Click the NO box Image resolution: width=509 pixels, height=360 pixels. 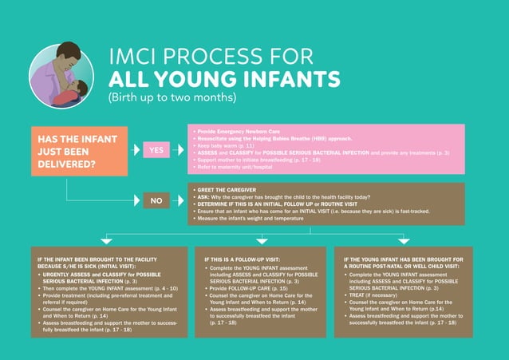[156, 200]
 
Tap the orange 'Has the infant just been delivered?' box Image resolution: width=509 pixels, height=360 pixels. [78, 151]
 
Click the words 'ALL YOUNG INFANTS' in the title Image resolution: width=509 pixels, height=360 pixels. [224, 79]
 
